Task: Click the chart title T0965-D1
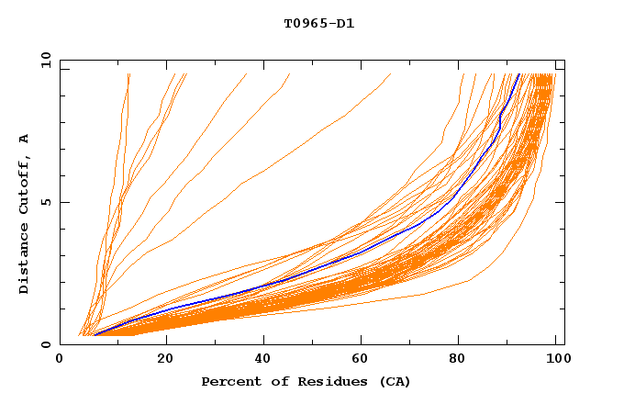[x=318, y=24]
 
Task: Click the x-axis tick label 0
[x=60, y=360]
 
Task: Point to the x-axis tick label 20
[x=165, y=360]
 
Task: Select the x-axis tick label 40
[x=265, y=360]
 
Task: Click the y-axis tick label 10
[x=45, y=60]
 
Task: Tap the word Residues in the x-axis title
[x=332, y=381]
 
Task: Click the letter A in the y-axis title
[x=24, y=139]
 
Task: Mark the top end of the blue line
[x=519, y=74]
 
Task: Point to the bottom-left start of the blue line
[x=95, y=335]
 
